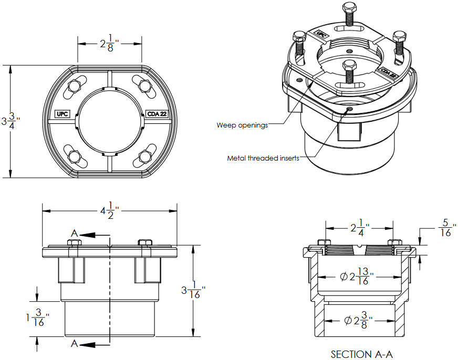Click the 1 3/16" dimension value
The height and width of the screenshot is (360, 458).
36,318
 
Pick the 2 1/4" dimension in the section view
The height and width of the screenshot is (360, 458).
360,228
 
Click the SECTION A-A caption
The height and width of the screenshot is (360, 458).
361,354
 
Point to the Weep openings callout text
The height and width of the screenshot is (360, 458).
242,125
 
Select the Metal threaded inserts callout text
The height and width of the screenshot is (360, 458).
263,158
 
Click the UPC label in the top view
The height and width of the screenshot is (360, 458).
63,113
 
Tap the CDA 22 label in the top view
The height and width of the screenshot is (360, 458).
157,113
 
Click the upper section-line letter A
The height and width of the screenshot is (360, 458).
75,234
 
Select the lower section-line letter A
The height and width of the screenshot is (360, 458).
75,344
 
